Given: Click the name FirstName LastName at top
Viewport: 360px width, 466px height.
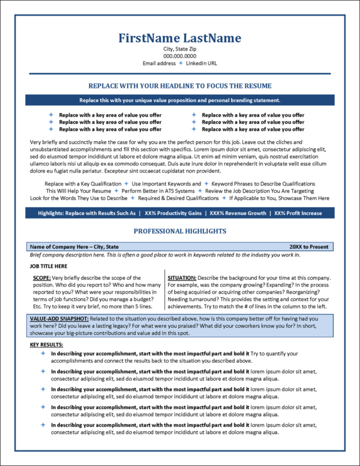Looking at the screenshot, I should (x=180, y=38).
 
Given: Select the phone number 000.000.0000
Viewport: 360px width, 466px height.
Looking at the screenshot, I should (x=180, y=56).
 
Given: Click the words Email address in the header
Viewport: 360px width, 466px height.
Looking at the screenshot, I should (x=159, y=63).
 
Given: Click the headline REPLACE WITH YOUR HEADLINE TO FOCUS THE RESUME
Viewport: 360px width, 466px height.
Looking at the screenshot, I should (x=180, y=86).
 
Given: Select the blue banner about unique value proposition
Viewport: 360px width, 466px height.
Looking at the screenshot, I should (x=180, y=100).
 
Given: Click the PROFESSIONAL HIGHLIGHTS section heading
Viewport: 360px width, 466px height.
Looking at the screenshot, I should (x=180, y=231).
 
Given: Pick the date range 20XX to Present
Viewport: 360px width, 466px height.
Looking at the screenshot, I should (x=309, y=247).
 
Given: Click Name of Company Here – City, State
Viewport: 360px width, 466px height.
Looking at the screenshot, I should (x=74, y=247).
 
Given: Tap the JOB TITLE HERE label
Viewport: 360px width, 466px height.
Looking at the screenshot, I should (x=49, y=266).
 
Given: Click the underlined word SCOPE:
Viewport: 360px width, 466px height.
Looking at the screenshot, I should (x=42, y=278).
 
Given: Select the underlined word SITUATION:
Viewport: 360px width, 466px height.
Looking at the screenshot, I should (x=181, y=278).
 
